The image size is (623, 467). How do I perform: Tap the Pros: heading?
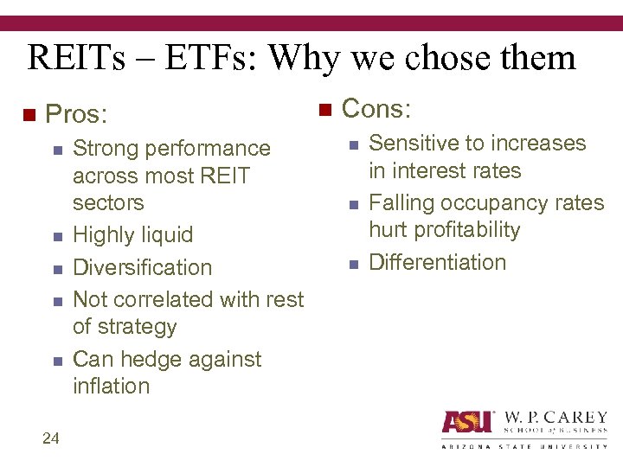(78, 114)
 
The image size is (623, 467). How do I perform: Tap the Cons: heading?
(376, 109)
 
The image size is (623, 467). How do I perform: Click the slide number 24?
(50, 438)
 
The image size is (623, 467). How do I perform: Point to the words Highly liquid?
(133, 235)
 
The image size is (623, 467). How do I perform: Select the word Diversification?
(143, 267)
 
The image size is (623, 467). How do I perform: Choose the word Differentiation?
(437, 262)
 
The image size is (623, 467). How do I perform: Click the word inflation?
(112, 386)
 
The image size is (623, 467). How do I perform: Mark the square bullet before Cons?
(324, 110)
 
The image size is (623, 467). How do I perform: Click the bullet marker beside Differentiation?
(353, 264)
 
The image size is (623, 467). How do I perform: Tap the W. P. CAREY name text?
(555, 418)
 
